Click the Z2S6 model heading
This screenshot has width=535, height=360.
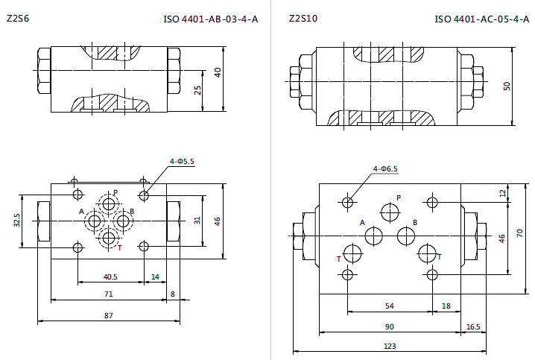tap(18, 18)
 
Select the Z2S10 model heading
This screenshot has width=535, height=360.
tap(303, 18)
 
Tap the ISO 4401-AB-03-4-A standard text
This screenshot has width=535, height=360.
tap(211, 19)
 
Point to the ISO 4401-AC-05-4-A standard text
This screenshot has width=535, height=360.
tap(481, 19)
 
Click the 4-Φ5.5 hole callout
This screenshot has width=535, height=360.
tap(183, 161)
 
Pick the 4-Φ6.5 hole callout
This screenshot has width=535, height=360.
tap(385, 168)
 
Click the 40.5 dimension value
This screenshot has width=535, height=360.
tap(110, 277)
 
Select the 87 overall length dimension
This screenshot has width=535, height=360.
tap(109, 315)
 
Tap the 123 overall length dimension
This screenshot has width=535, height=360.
tap(390, 347)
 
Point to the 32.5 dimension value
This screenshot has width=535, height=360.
tap(17, 220)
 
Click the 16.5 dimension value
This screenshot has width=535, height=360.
tap(473, 327)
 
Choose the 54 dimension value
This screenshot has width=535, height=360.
tap(389, 306)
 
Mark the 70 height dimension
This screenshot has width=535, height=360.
tap(519, 233)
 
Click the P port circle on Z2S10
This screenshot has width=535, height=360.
tap(390, 212)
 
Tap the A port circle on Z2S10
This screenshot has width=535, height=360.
tap(373, 236)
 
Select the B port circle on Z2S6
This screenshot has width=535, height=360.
tap(122, 221)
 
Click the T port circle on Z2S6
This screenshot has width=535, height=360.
tap(109, 238)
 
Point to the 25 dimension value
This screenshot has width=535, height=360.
tap(197, 90)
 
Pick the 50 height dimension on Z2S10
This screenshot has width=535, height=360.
tap(507, 86)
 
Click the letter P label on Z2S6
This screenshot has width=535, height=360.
tap(115, 192)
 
